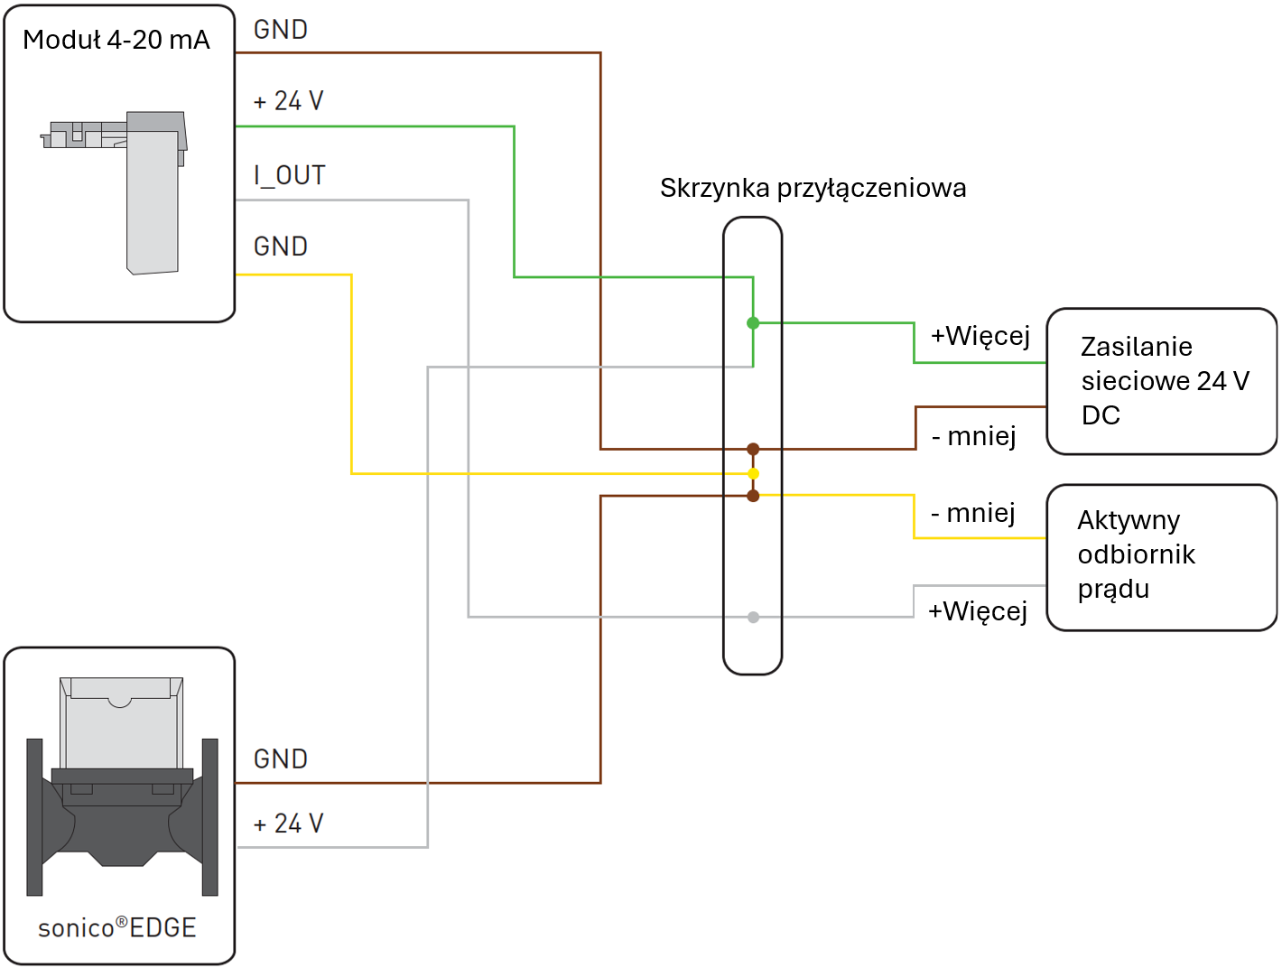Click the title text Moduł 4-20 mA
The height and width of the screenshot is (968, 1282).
coord(116,40)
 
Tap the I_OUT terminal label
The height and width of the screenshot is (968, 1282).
coord(290,175)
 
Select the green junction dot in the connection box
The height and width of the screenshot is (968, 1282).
coord(753,323)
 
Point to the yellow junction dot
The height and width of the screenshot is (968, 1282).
coord(753,473)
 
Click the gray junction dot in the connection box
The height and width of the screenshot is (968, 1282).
coord(753,618)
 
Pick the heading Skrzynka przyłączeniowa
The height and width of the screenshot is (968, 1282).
coord(813,188)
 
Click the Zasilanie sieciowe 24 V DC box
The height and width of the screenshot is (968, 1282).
coord(1161,381)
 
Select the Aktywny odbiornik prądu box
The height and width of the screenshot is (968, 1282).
coord(1161,556)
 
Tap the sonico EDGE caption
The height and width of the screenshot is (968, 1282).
coord(117,928)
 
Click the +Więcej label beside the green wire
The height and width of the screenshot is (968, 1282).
coord(980,336)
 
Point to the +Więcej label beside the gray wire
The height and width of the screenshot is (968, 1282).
coord(978,611)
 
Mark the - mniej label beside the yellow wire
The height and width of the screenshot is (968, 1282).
coord(973,514)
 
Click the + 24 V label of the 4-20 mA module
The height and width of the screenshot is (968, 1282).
coord(288,101)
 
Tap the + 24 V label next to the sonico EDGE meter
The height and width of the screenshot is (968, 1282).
coord(288,824)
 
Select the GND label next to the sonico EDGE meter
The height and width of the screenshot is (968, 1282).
coord(281,759)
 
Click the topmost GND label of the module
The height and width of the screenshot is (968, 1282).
coord(281,30)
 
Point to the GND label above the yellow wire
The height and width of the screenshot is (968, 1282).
coord(281,247)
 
